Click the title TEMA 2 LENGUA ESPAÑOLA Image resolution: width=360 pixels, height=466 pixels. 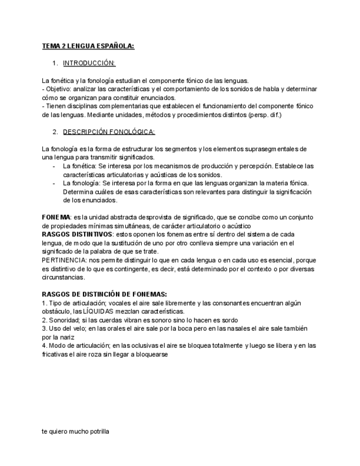point(88,47)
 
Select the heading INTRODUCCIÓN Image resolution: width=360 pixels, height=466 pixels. point(89,63)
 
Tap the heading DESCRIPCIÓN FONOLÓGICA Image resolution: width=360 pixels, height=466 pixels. point(109,132)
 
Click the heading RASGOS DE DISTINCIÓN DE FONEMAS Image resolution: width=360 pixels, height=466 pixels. point(104,295)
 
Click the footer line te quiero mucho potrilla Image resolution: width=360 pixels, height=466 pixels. point(75,432)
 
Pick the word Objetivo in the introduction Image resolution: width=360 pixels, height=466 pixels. point(59,89)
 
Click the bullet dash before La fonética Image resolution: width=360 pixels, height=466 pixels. point(54,166)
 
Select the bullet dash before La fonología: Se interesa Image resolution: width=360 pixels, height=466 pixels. point(54,183)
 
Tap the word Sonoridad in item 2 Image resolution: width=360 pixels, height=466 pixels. point(64,320)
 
